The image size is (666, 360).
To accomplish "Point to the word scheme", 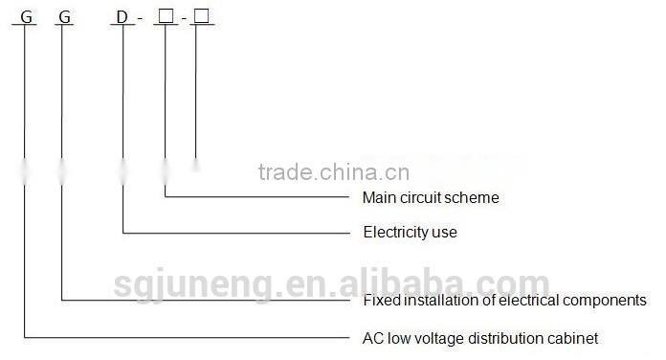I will coord(475,198).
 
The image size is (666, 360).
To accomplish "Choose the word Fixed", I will coord(381,301).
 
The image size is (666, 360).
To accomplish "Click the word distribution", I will coord(508,338).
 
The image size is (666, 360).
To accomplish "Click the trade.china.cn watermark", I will coord(334,172).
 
